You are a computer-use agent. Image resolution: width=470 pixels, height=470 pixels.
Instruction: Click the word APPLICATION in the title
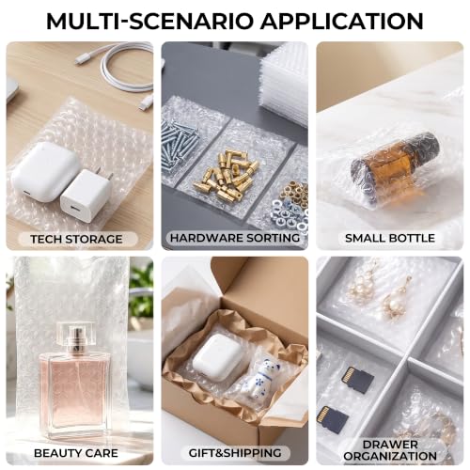(342, 21)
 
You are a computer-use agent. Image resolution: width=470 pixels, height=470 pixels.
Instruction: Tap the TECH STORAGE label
(76, 239)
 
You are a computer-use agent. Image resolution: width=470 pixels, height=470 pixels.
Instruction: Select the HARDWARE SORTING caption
(235, 238)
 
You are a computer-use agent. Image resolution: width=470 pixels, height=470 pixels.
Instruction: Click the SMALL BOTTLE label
(390, 238)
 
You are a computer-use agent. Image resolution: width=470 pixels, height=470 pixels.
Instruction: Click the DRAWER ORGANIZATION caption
(390, 450)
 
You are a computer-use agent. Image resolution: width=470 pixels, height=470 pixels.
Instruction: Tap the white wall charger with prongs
(86, 196)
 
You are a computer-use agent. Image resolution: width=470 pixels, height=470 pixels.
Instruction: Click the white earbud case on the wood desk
(44, 171)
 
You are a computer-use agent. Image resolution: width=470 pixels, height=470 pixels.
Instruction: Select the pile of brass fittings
(226, 176)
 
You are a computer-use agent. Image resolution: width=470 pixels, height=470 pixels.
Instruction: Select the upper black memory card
(357, 380)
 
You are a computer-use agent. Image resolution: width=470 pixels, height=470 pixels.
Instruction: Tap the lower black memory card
(333, 420)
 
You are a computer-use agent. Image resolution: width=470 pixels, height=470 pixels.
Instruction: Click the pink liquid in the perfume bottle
(75, 392)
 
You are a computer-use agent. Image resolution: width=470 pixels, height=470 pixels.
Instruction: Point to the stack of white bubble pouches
(284, 83)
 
